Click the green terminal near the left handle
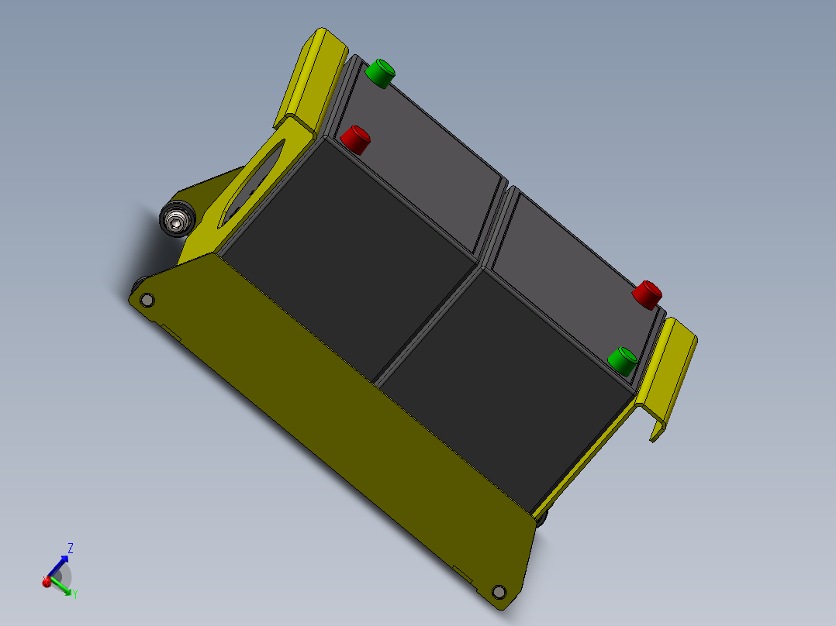point(380,73)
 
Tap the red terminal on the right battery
point(646,294)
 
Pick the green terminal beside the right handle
point(622,360)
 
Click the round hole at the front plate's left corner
point(146,299)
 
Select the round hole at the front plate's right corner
point(499,592)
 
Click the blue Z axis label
point(71,548)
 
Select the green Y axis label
point(74,593)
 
